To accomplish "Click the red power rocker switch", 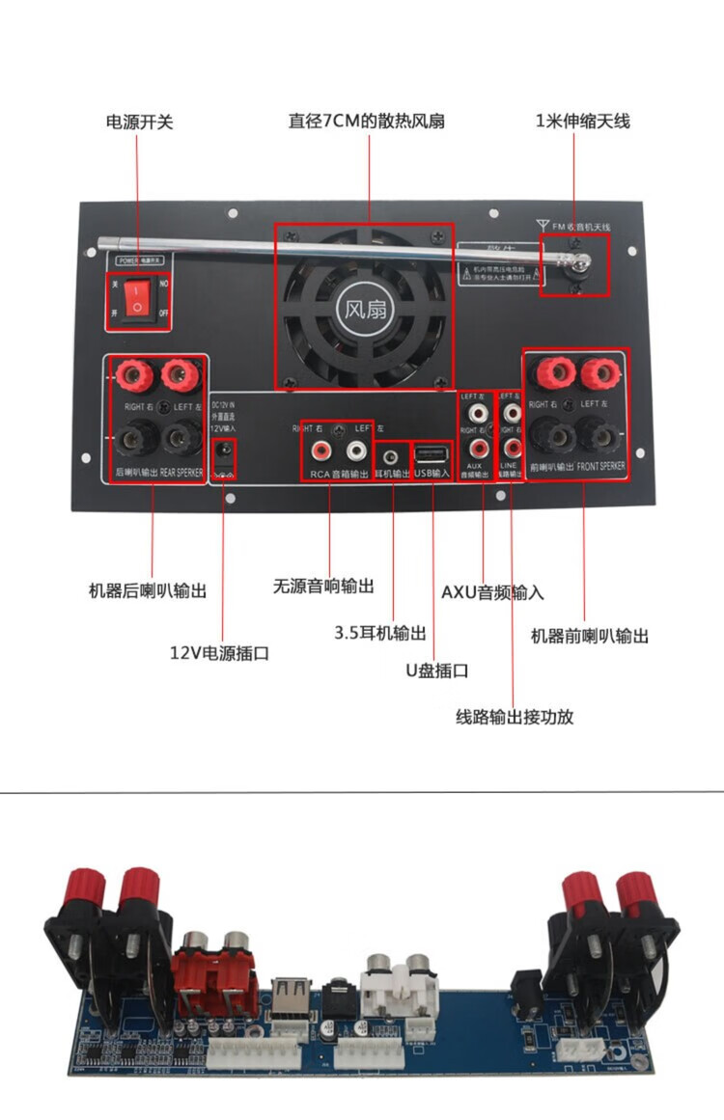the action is pos(137,297).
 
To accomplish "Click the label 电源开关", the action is pos(139,123).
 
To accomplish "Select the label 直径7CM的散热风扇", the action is pos(367,123).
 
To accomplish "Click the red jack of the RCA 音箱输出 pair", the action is pos(318,450).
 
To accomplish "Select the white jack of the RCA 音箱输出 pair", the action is pos(356,450).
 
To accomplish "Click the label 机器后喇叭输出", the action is pos(148,590).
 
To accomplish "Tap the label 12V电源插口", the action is pos(219,653).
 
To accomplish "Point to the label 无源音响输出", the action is pos(323,586).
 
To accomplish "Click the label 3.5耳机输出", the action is pos(380,633).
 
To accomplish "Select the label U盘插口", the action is pos(436,670).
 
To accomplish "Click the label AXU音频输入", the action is pos(492,591).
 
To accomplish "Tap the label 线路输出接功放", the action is pos(515,717).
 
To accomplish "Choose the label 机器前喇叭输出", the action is pos(590,636).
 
